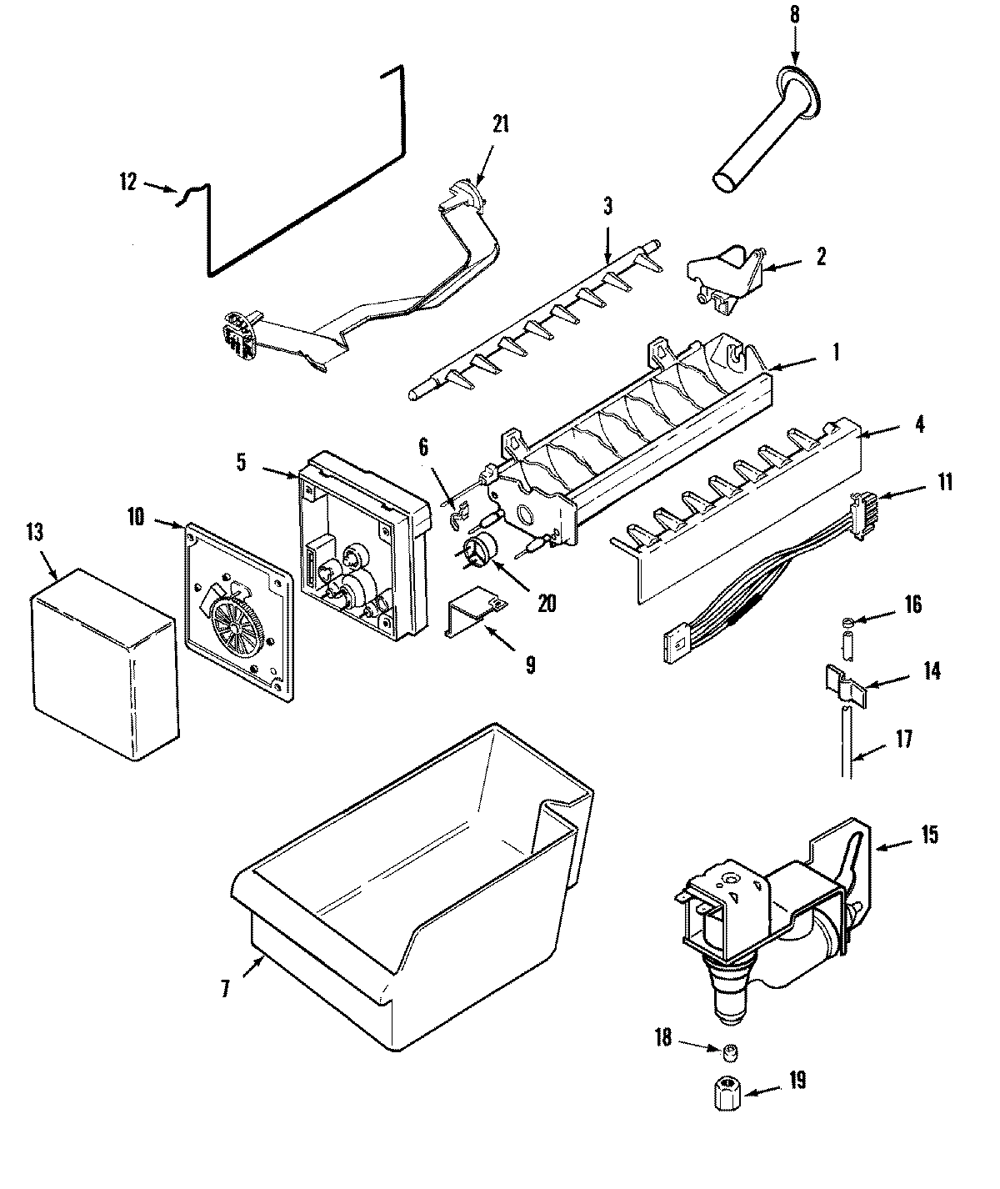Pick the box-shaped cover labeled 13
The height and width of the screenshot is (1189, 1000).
pyautogui.click(x=104, y=663)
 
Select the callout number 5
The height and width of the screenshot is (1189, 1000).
pyautogui.click(x=241, y=462)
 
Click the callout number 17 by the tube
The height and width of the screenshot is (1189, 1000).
pyautogui.click(x=903, y=739)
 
